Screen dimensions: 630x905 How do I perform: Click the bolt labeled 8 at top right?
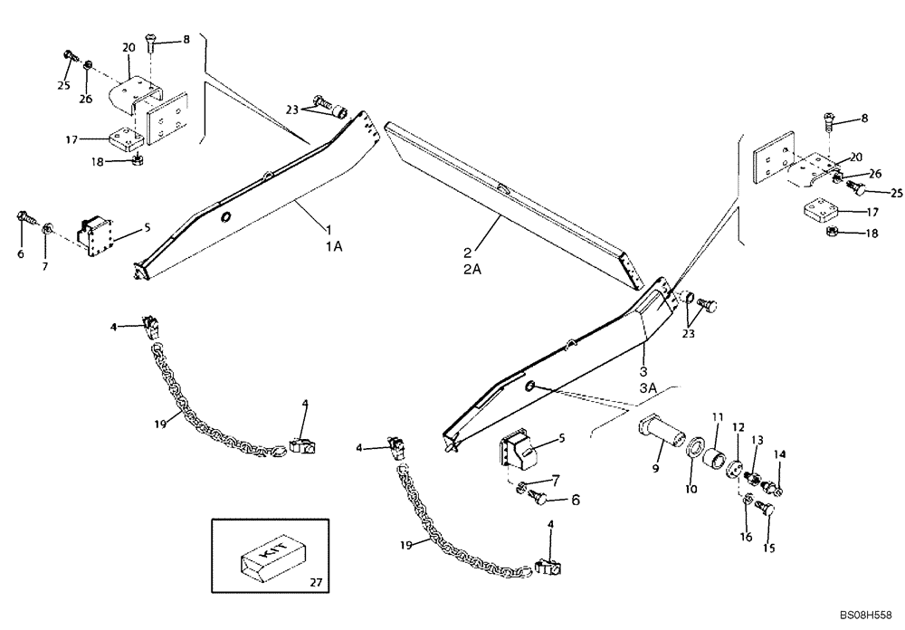point(831,118)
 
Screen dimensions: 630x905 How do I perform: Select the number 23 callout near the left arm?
point(292,110)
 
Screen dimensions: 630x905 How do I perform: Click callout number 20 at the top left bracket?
point(129,47)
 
